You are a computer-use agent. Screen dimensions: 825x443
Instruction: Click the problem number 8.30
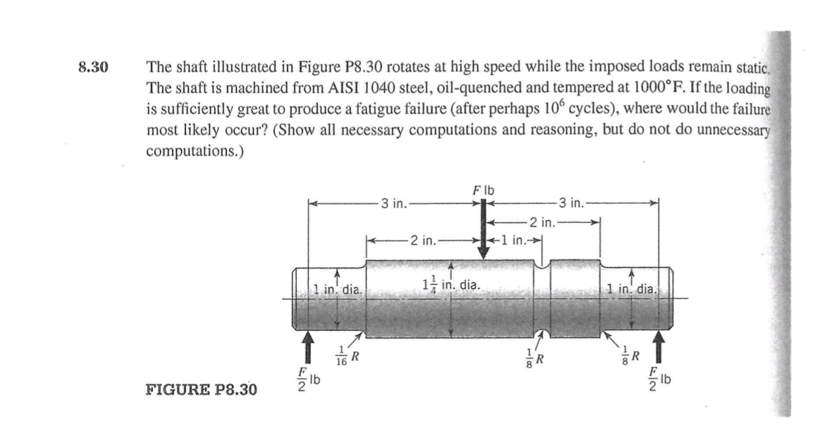click(93, 67)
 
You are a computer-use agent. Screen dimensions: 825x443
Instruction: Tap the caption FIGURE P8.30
click(202, 390)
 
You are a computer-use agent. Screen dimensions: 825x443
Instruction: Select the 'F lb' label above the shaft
click(484, 190)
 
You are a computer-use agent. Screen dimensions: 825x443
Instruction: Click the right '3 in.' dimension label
click(571, 203)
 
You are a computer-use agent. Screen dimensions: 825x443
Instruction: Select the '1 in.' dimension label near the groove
click(513, 241)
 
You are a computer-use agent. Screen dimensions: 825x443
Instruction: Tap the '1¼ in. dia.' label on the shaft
click(451, 285)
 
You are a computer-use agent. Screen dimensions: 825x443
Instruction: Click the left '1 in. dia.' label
click(336, 289)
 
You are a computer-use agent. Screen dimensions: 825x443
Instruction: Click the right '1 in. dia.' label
click(631, 289)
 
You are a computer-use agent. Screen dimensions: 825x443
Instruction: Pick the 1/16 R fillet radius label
click(348, 356)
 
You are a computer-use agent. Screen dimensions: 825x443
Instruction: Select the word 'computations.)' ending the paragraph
click(195, 152)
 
